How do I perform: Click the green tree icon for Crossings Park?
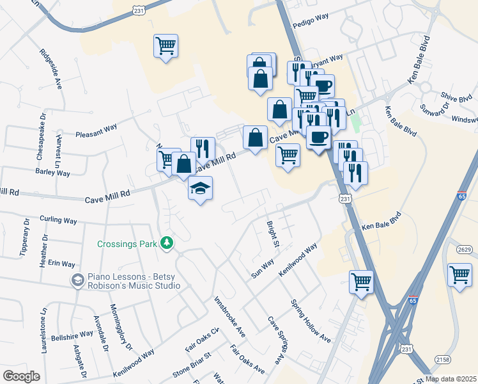(167, 243)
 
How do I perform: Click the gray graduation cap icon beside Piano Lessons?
(77, 280)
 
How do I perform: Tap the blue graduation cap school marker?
(201, 189)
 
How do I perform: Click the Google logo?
(21, 376)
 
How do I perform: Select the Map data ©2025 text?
(450, 379)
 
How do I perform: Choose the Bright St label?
(273, 235)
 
